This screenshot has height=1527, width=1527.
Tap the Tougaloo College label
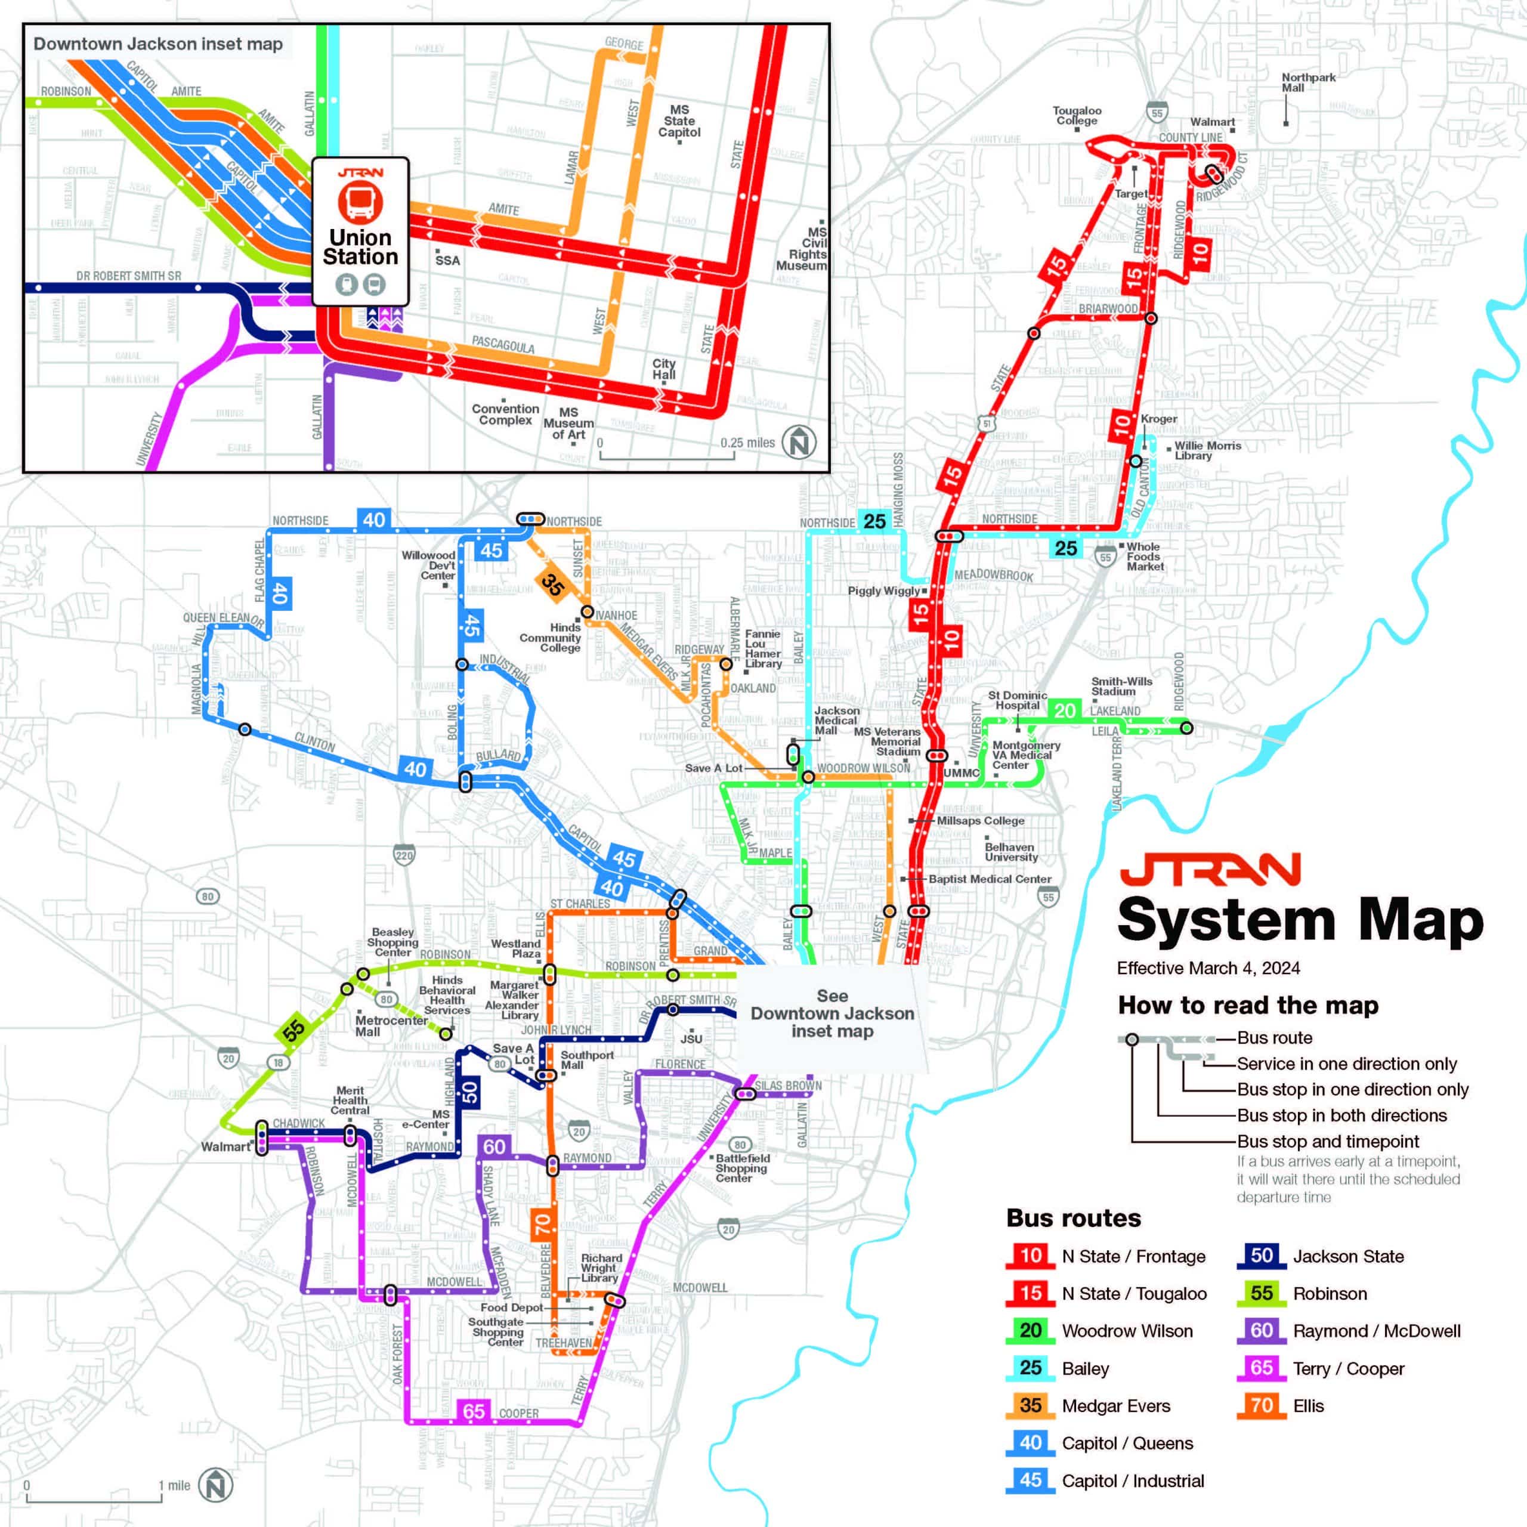point(1077,115)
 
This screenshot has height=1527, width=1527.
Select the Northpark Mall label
point(1308,82)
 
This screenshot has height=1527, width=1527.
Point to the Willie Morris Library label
point(1207,450)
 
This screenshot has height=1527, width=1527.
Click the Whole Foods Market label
point(1145,557)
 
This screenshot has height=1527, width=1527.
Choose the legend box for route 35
point(1030,1405)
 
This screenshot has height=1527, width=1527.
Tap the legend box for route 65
point(1262,1368)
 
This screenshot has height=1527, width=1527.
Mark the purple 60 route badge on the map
point(494,1147)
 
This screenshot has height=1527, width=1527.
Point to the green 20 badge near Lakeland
point(1065,710)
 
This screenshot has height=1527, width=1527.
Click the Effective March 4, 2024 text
point(1208,968)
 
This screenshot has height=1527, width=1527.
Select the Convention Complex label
point(505,414)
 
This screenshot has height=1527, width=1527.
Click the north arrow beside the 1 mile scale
point(215,1485)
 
